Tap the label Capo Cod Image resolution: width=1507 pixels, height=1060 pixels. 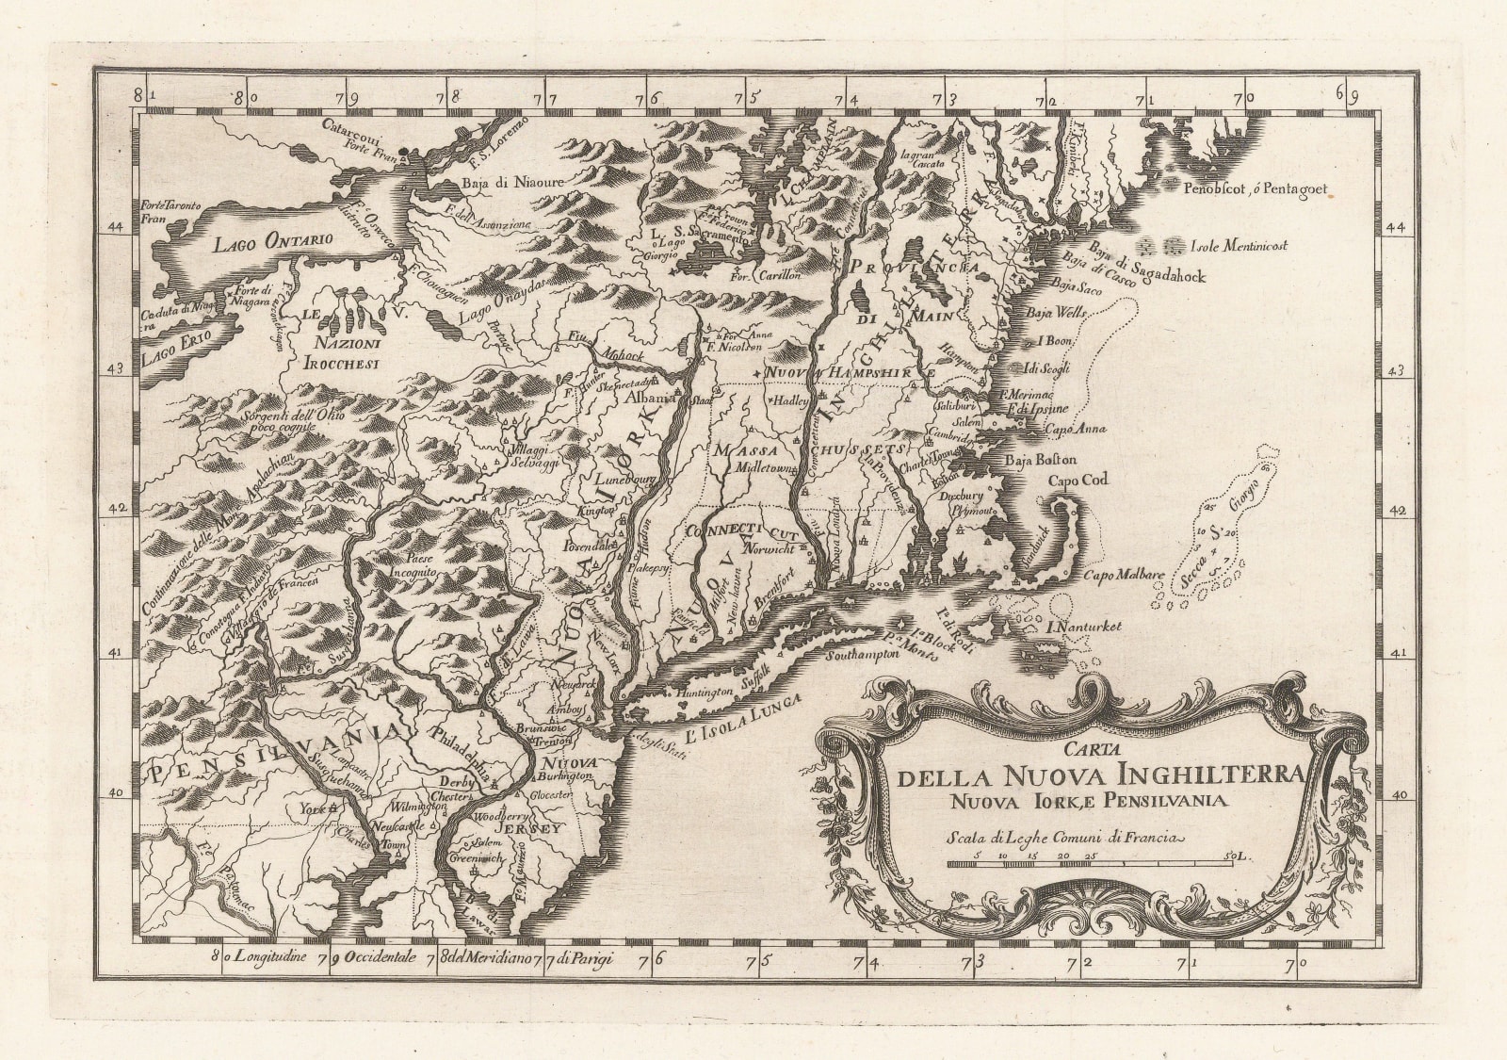coord(1078,480)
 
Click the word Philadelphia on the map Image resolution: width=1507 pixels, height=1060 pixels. coord(460,754)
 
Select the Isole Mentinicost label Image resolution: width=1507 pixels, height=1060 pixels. coord(1239,247)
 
